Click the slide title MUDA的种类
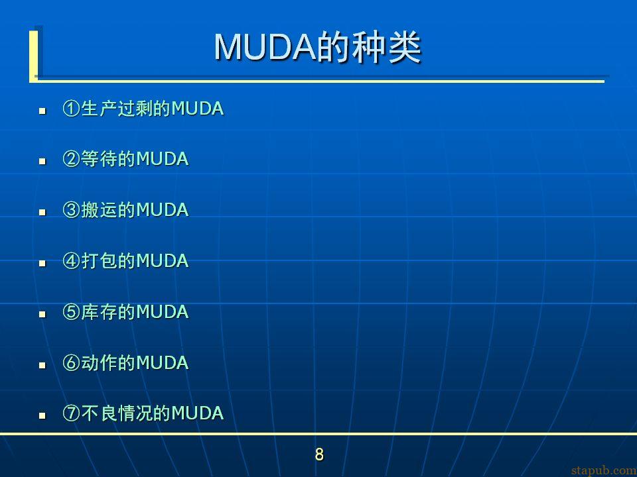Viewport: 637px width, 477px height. (318, 48)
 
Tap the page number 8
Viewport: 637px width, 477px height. (319, 454)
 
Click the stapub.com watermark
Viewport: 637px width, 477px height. (604, 470)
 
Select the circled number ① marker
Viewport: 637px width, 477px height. (71, 109)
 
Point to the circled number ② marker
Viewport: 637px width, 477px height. (71, 159)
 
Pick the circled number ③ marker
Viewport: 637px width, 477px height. (71, 210)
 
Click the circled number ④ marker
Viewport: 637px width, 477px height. (71, 261)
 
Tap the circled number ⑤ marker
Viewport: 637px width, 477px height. (71, 312)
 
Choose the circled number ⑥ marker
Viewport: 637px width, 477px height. (71, 362)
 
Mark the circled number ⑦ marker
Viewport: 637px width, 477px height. (71, 413)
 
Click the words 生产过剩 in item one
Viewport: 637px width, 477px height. (117, 109)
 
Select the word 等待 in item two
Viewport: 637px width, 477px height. (99, 159)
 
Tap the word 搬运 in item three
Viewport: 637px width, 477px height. (99, 210)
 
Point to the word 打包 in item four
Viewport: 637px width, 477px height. (99, 261)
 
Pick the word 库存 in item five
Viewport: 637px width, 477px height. (99, 312)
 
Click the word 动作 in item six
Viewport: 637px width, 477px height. (99, 362)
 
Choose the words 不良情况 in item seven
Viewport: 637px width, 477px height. (117, 413)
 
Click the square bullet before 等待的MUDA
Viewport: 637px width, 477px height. (42, 162)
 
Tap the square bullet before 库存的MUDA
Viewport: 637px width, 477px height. (42, 314)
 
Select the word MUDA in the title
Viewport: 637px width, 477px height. (265, 48)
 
